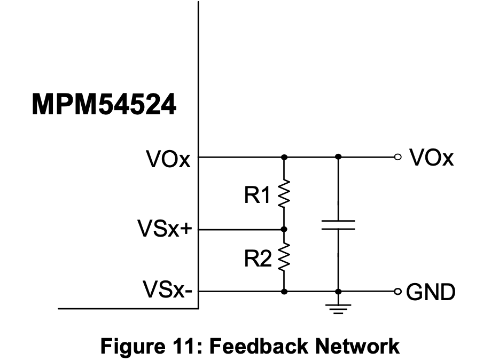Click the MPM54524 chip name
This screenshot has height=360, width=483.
click(x=104, y=105)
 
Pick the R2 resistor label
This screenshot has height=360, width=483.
click(x=258, y=260)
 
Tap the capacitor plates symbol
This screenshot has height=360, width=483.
click(x=338, y=224)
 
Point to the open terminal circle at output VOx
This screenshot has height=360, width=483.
click(x=396, y=158)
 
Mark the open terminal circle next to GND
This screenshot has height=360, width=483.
click(x=396, y=292)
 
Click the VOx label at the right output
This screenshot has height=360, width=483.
click(x=431, y=158)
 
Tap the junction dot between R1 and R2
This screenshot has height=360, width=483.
click(x=284, y=229)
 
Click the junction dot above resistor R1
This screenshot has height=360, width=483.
click(x=284, y=158)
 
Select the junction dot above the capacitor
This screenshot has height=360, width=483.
click(x=338, y=158)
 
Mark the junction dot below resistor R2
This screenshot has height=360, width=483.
click(x=284, y=292)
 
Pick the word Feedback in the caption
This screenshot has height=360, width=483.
click(x=250, y=346)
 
